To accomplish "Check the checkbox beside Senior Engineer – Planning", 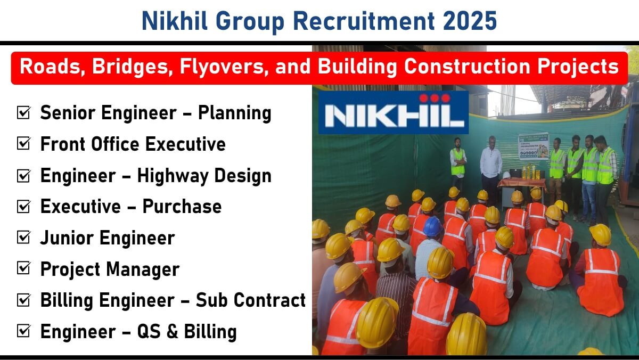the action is click(23, 112).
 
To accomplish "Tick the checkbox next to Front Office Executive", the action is click(23, 143).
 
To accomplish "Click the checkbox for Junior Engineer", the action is click(23, 238).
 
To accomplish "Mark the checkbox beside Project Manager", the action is click(23, 268).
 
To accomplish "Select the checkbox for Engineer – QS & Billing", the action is click(23, 331).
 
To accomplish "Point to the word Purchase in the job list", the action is click(182, 206).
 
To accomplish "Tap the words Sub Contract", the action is click(250, 300).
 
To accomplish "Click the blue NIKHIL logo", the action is click(394, 112).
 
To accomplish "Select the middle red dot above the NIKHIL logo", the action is click(435, 98).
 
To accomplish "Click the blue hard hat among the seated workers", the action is click(432, 226).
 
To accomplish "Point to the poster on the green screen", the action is click(534, 146).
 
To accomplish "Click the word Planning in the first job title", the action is click(234, 113).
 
